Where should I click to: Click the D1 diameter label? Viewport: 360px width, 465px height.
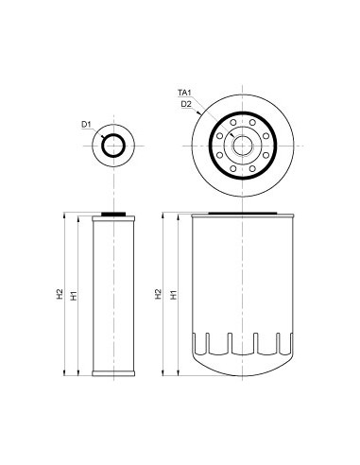[85, 124]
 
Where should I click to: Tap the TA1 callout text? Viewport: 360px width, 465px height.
[185, 93]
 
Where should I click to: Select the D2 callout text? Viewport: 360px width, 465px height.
[186, 103]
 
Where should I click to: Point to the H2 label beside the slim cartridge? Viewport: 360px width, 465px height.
[60, 295]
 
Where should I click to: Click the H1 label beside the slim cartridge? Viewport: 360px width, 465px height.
[74, 295]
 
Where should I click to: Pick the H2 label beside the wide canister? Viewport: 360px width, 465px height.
[159, 295]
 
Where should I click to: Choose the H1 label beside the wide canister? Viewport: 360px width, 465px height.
[173, 295]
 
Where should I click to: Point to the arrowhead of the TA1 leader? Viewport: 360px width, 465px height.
[200, 112]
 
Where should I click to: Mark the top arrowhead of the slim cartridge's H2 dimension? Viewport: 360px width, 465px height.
[66, 215]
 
